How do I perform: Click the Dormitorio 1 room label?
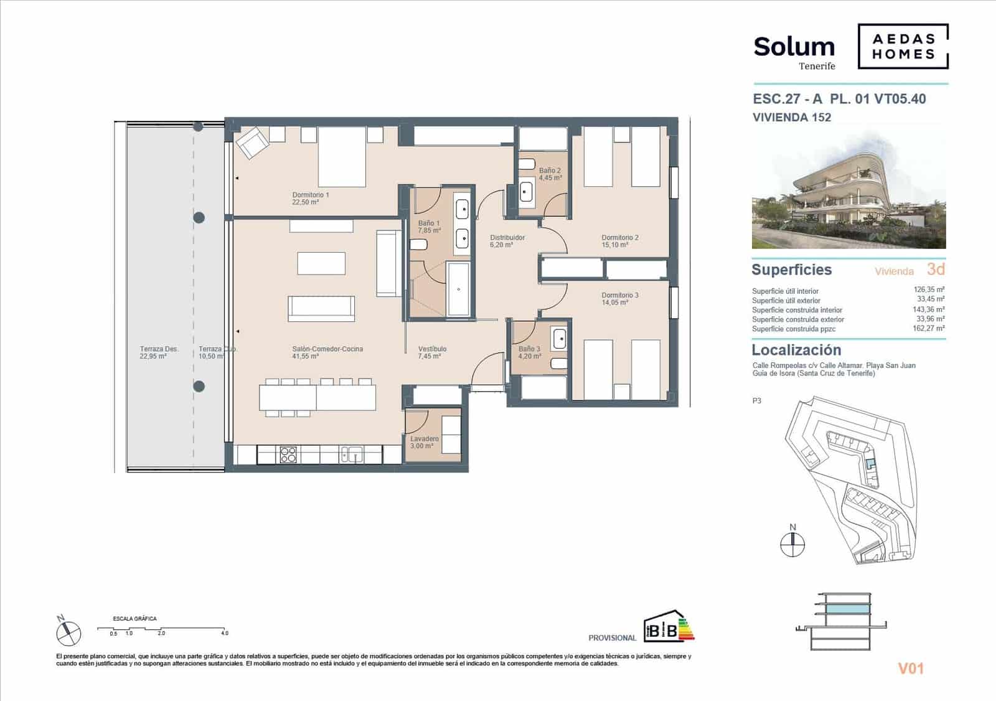(310, 198)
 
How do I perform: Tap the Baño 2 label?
(550, 174)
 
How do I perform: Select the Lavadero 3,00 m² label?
(424, 442)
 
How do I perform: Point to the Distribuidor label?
(507, 241)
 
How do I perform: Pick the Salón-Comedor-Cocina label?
(327, 352)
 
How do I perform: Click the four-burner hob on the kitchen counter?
(288, 454)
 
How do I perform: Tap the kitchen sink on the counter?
(351, 454)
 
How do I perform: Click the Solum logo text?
(794, 47)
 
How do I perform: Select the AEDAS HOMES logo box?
(903, 47)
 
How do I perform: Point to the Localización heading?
(796, 350)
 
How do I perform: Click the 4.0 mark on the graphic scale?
(224, 633)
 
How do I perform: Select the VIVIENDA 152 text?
(791, 117)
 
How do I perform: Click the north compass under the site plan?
(792, 543)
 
